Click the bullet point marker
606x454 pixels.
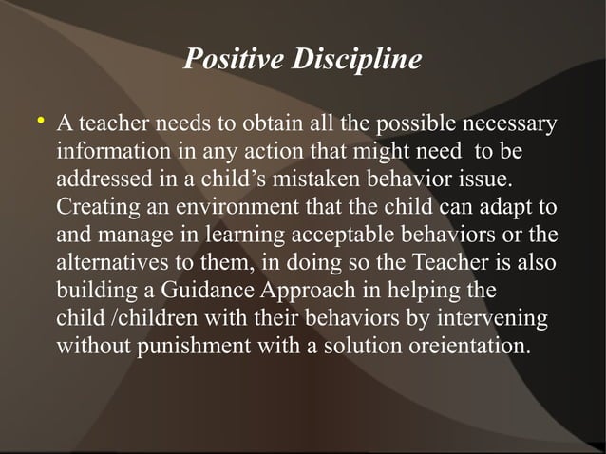point(39,122)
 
